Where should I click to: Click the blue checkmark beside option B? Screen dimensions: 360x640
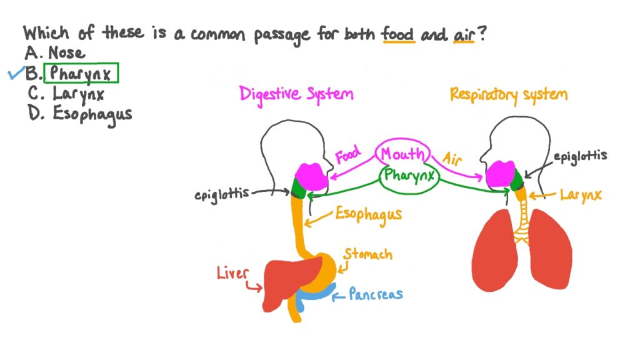coord(16,74)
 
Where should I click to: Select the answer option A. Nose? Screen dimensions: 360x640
coord(56,54)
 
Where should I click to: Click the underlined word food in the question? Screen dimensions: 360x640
coord(398,34)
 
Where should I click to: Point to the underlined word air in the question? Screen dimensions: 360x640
coord(465,35)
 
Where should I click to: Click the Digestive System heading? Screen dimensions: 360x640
coord(296,94)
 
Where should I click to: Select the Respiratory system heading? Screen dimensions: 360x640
coord(508,95)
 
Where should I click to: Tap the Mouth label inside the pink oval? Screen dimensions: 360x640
coord(402,154)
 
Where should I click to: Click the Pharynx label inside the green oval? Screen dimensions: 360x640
coord(409,176)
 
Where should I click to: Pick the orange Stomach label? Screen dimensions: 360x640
coord(368,254)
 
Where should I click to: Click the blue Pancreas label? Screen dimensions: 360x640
coord(375,294)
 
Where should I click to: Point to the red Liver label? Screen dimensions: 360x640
coord(232,273)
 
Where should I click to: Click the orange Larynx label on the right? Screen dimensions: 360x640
coord(581,196)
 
